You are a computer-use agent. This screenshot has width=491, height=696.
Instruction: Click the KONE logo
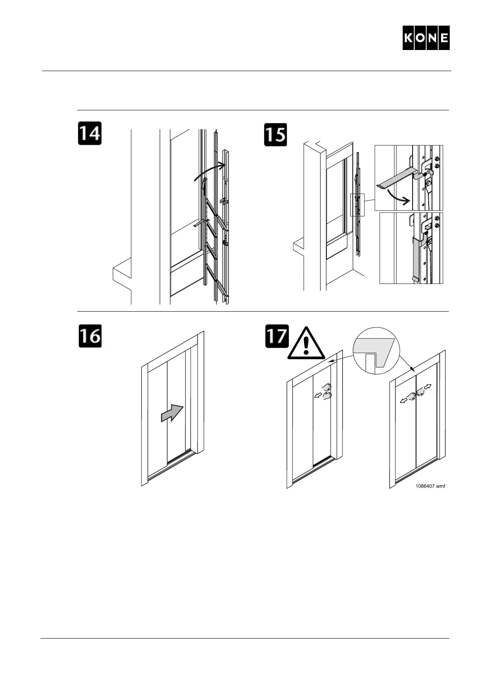426,38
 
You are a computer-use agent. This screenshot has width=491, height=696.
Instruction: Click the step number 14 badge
90,133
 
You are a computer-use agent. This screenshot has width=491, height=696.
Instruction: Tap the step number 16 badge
90,336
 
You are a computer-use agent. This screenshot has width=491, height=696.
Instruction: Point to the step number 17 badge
276,336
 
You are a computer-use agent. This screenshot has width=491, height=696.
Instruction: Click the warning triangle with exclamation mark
306,343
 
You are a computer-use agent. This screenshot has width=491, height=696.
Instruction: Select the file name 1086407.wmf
431,486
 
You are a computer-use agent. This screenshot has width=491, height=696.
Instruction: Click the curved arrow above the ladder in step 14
210,172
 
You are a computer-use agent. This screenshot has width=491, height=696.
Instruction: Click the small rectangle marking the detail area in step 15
357,205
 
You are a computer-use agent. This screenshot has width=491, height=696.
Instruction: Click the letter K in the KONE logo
409,38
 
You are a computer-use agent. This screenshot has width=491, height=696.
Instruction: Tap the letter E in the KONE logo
444,38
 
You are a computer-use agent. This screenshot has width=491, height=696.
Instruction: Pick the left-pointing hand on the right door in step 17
409,397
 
